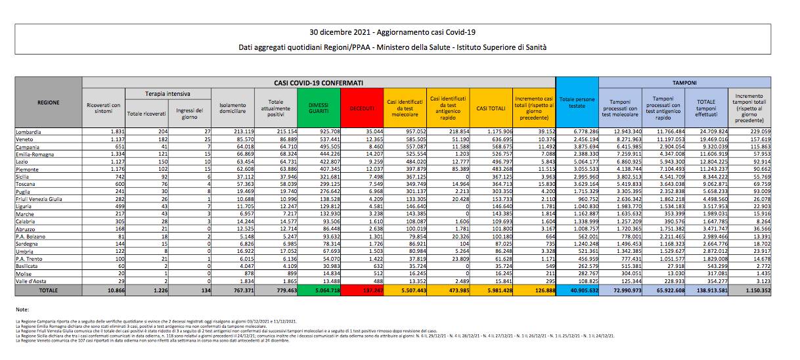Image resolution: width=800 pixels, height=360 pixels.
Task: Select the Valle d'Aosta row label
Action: pyautogui.click(x=32, y=281)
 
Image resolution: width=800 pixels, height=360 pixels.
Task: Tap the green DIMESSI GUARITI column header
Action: pyautogui.click(x=320, y=108)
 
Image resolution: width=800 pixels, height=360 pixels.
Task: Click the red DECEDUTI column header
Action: pyautogui.click(x=362, y=108)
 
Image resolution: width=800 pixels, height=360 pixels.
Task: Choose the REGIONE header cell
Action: pyautogui.click(x=48, y=103)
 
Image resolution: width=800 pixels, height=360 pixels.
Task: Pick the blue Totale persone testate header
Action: pyautogui.click(x=577, y=103)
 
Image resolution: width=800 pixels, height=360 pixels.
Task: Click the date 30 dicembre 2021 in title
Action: pyautogui.click(x=340, y=32)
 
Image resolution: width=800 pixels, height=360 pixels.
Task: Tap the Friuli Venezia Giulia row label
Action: pyautogui.click(x=40, y=198)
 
